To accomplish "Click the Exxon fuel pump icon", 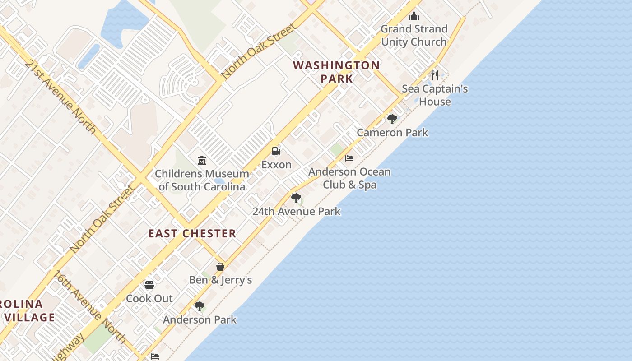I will point(276,151).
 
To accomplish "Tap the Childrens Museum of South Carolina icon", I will point(202,160).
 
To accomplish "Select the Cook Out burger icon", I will point(149,285).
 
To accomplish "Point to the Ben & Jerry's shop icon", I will point(220,267).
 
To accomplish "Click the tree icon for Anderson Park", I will point(200,306).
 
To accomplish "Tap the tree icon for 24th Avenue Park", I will point(296,198).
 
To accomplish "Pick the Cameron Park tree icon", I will point(392,119).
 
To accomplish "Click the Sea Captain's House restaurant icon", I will point(435,75).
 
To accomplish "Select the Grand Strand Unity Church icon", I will point(414,16).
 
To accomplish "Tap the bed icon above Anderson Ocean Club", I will point(349,158).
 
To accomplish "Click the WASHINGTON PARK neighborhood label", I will point(336,72).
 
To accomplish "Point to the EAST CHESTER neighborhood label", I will point(192,233).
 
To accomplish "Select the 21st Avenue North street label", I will point(60,97).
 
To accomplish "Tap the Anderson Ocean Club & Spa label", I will point(349,178).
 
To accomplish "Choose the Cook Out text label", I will point(149,298).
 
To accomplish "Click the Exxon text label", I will point(276,165).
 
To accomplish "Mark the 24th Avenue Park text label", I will point(296,211).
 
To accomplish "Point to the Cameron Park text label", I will point(392,132).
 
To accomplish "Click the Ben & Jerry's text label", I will point(220,280).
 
